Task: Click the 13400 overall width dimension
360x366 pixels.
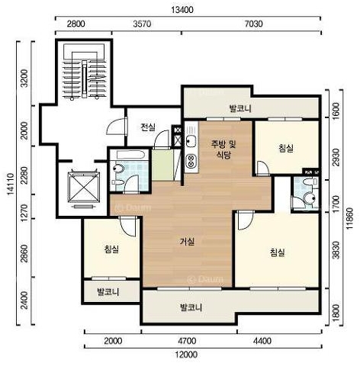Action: [182, 10]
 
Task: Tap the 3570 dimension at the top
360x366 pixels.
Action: [142, 24]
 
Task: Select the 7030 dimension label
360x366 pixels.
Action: [253, 24]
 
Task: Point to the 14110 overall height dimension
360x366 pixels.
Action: [11, 184]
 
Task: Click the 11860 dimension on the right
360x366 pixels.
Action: [350, 218]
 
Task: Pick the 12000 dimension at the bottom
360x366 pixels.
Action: [186, 355]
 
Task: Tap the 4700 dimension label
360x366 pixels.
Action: [187, 341]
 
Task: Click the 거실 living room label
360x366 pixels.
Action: [187, 242]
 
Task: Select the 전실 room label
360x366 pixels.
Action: [148, 127]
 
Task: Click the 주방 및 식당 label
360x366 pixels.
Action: [223, 149]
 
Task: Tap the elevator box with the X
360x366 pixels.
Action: [84, 188]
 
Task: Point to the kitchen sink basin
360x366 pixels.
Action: [191, 140]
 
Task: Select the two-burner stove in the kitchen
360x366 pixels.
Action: [191, 161]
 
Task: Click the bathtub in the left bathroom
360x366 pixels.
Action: [130, 155]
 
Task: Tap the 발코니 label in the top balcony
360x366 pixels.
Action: [240, 108]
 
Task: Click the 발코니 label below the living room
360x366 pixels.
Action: [191, 307]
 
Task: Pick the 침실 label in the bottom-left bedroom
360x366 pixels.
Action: [111, 249]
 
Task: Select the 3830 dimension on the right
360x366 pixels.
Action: [336, 250]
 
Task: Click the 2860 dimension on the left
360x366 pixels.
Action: [24, 253]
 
